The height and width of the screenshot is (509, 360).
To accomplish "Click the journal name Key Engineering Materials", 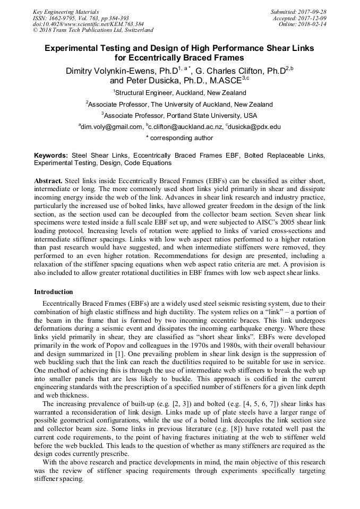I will (65, 11).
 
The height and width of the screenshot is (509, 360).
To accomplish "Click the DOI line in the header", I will (88, 24).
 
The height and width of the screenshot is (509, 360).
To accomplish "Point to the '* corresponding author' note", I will (179, 138).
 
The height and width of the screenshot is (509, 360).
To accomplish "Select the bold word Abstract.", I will (48, 181).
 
